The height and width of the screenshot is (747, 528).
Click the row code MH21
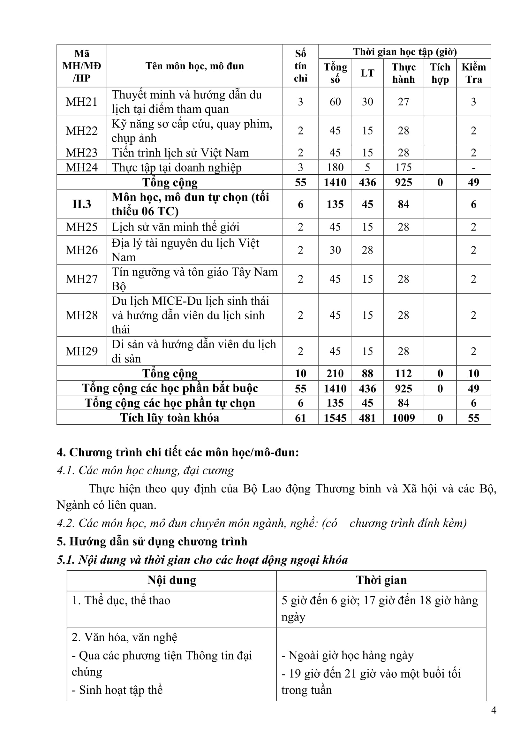click(82, 102)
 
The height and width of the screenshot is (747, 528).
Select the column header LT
click(367, 73)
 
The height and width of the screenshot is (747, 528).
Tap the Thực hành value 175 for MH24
click(403, 167)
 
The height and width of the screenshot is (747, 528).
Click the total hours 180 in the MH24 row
click(335, 167)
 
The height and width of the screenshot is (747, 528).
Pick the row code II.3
click(82, 204)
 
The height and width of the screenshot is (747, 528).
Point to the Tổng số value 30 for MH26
click(335, 250)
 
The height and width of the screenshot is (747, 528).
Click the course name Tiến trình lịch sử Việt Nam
click(180, 153)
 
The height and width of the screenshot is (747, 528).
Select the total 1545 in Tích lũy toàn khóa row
click(335, 418)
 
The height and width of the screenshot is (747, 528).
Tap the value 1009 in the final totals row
click(403, 418)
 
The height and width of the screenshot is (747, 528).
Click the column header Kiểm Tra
click(473, 73)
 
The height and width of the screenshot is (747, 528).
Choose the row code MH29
click(82, 351)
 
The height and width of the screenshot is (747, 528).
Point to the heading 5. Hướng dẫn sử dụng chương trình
click(152, 541)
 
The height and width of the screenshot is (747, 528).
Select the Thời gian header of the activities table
click(381, 580)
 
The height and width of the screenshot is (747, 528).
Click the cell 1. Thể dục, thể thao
click(121, 600)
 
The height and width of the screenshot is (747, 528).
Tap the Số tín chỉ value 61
click(300, 418)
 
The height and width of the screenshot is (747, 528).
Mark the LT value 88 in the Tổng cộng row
click(367, 374)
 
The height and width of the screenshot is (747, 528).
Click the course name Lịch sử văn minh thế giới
click(176, 227)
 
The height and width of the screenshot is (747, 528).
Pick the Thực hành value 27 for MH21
click(403, 102)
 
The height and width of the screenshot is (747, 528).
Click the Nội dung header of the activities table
click(172, 580)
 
